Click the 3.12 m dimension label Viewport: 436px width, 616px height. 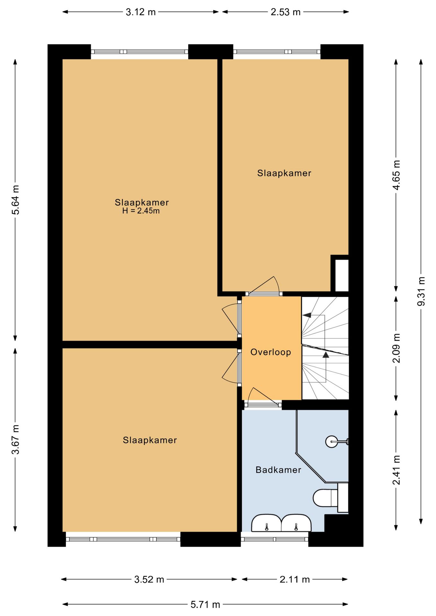tap(141, 12)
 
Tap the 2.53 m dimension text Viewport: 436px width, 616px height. tap(285, 12)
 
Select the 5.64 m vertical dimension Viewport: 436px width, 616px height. tap(15, 200)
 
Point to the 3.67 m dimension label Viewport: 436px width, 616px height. tap(15, 439)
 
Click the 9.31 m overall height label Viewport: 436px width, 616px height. tap(421, 291)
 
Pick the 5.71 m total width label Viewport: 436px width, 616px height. tap(205, 605)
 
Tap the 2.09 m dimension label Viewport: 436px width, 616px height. tap(397, 348)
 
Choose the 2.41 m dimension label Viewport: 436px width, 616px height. tap(397, 470)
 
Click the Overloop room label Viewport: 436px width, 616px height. tap(271, 352)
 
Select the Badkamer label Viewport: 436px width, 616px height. tap(278, 470)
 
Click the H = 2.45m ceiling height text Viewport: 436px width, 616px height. tap(141, 211)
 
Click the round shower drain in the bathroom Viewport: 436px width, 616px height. tap(332, 442)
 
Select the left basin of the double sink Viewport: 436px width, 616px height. tap(266, 523)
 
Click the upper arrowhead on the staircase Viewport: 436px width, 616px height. tap(307, 315)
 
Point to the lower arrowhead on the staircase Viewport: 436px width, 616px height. tap(326, 355)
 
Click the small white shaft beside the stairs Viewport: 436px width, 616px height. tap(342, 275)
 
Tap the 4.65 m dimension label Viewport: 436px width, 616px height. tap(397, 175)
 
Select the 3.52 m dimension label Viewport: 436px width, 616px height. tap(149, 579)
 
